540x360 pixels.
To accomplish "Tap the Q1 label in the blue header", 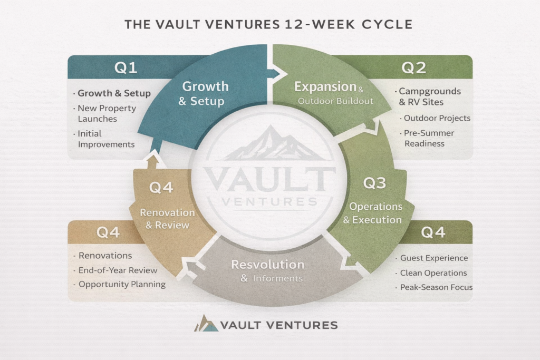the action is [126, 67].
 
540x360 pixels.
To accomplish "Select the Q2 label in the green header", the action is [413, 67].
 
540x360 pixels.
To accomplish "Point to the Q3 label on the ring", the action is [375, 183].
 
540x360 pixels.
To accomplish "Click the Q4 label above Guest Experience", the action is [433, 232].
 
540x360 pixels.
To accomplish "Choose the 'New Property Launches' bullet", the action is [107, 113].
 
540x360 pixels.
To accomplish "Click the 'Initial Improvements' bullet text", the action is [106, 139].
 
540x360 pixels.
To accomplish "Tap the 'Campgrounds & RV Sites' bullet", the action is [429, 96].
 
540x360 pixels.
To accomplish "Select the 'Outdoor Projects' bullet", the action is [437, 118].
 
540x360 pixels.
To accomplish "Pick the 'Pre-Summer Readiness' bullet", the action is [429, 138].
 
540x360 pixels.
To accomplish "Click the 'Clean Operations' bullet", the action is [433, 273].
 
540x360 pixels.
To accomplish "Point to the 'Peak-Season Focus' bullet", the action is [436, 287].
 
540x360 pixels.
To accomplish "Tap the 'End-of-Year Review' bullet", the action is [118, 270].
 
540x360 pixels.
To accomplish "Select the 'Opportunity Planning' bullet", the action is [122, 284].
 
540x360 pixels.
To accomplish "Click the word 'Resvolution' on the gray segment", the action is [267, 264].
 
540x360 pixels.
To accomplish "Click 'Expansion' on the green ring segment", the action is [325, 86].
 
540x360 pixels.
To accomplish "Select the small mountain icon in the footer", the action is [206, 323].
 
